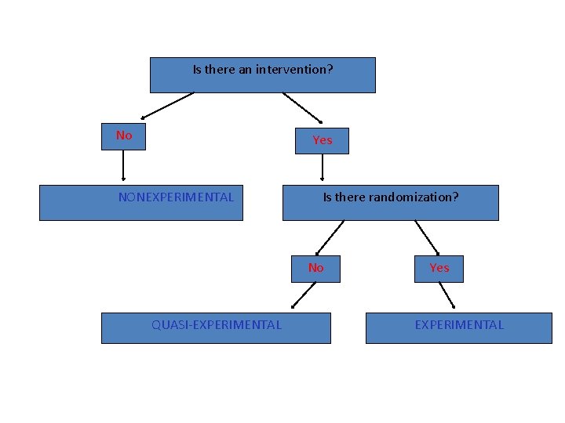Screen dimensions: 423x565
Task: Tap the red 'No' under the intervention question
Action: coord(124,136)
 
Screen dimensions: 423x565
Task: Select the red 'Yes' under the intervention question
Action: coord(323,140)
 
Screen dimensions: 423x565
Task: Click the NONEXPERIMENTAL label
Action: coord(176,197)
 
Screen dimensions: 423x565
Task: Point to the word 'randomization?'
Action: coord(414,197)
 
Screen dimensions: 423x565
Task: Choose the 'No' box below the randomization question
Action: coord(315,268)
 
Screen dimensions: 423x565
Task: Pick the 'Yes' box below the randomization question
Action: coord(439,268)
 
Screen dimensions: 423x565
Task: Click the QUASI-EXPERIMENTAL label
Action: coord(217,325)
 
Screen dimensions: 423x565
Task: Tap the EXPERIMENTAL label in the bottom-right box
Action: coord(459,325)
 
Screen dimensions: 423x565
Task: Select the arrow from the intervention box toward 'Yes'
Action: coord(302,107)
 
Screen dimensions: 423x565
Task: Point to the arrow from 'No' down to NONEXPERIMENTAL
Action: coord(123,165)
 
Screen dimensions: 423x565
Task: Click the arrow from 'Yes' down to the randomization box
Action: coord(323,167)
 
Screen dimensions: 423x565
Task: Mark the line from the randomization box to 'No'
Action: coord(330,237)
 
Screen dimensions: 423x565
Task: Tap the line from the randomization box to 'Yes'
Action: coord(427,237)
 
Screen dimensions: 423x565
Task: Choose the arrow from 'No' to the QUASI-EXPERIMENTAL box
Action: coord(304,295)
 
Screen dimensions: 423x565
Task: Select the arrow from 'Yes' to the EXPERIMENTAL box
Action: coord(446,295)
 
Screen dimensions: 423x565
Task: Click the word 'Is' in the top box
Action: coord(198,70)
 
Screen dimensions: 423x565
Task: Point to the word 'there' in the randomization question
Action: coord(350,197)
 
